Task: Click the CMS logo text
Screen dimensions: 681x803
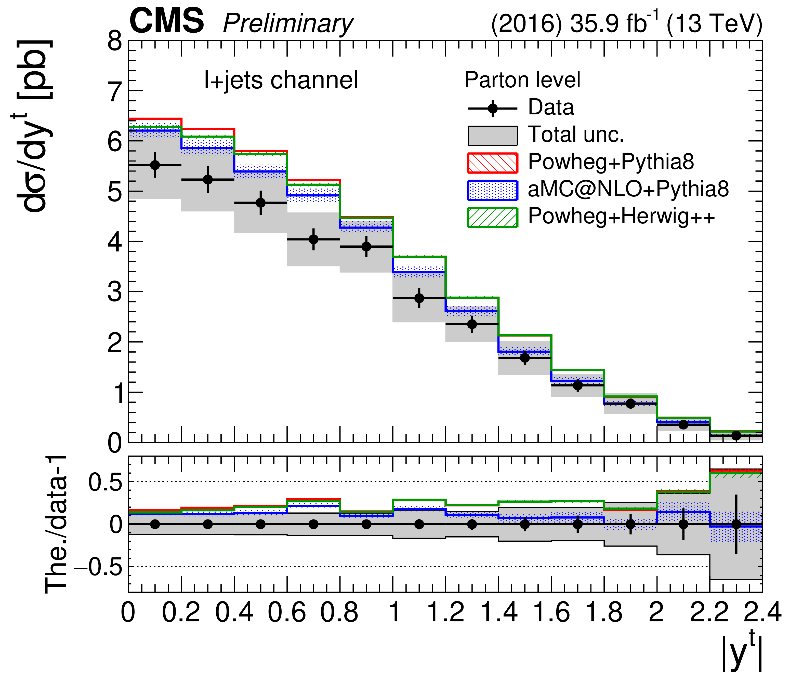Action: [166, 21]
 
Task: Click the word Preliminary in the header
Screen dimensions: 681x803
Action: [288, 24]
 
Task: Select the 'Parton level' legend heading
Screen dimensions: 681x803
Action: [522, 80]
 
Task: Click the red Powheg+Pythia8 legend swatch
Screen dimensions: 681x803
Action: [492, 163]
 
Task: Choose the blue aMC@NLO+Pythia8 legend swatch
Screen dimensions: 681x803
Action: [492, 190]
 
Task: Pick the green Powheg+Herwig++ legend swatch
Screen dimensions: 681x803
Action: [492, 217]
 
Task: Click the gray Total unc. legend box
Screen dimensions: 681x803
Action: [492, 136]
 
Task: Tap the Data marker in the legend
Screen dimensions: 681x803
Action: [492, 109]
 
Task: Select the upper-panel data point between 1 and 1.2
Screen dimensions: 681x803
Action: [419, 298]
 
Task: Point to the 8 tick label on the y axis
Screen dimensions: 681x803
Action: [115, 41]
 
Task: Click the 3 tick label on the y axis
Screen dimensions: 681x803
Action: [115, 292]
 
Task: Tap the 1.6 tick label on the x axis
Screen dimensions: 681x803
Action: [551, 613]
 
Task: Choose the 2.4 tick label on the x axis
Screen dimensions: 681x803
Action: [762, 613]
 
